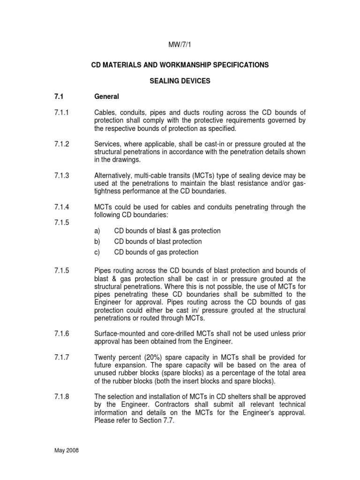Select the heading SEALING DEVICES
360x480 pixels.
(180, 81)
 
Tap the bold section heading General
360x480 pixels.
(107, 97)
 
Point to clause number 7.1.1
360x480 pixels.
(61, 112)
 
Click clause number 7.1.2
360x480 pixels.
(61, 144)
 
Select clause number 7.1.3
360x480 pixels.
(61, 175)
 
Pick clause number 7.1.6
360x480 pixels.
(61, 333)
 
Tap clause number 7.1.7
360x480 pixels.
(61, 357)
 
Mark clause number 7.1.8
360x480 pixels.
(61, 397)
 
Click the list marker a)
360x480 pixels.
(97, 231)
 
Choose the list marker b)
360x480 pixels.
(97, 241)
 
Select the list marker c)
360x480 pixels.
(97, 252)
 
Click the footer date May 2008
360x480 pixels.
(66, 450)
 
